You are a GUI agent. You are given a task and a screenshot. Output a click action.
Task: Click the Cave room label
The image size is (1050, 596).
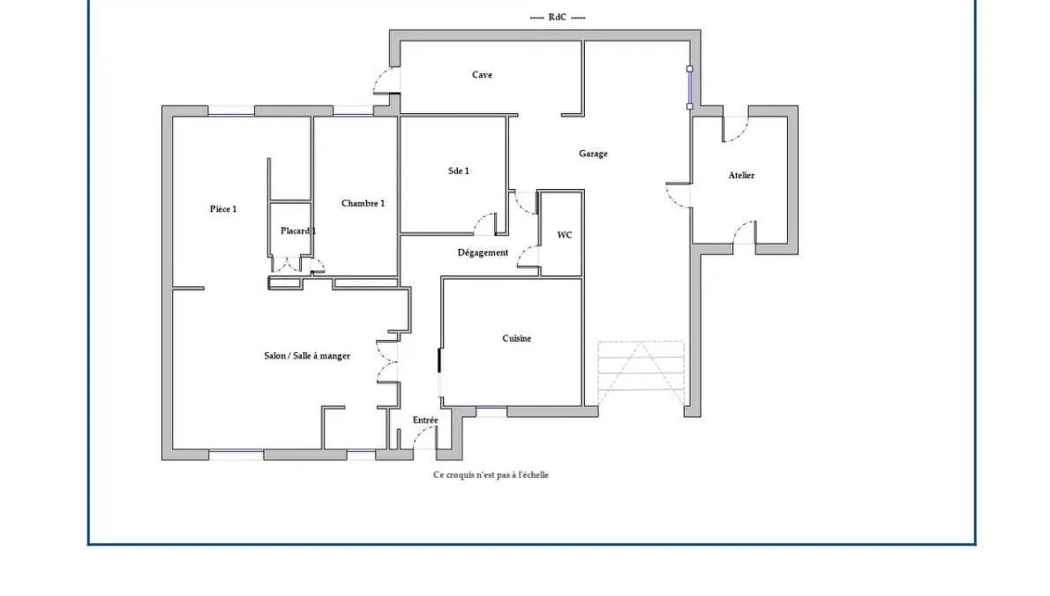pos(482,74)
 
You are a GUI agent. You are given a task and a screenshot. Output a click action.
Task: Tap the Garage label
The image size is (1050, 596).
pos(593,154)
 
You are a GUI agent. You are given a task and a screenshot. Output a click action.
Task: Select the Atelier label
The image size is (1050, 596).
pos(741,175)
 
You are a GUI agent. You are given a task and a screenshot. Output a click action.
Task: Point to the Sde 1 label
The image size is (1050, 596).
pos(459,171)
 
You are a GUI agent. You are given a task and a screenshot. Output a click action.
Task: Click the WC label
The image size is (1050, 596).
pos(565,236)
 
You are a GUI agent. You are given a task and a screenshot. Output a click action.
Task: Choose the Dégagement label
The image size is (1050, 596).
pos(483,253)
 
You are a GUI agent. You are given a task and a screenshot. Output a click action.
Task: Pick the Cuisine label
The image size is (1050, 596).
pos(517,338)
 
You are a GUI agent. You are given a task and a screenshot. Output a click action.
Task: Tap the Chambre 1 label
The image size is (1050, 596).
pos(363,203)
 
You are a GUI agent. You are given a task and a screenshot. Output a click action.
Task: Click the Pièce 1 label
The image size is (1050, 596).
pos(223,209)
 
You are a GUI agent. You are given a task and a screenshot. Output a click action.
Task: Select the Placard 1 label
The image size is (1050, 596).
pos(298,230)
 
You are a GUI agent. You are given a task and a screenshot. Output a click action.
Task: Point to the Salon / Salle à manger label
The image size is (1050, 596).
pos(307,356)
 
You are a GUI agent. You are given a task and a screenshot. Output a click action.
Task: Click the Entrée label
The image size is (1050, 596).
pos(425,420)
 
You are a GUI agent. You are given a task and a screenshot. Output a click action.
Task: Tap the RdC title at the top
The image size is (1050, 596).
pos(557,17)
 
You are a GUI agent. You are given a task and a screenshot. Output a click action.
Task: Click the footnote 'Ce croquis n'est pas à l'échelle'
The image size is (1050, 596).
pos(491,475)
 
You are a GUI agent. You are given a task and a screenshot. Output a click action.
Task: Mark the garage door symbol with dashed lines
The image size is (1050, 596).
pos(641,373)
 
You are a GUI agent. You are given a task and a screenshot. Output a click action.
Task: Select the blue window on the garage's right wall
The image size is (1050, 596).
pos(690,87)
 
